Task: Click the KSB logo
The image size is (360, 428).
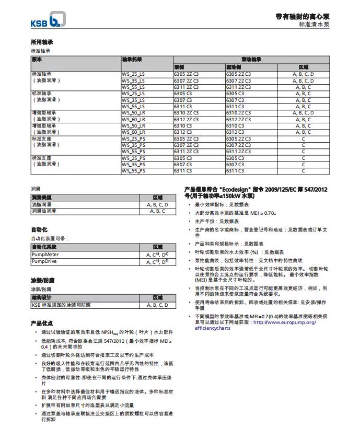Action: (47, 21)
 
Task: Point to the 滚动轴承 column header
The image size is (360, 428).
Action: (251, 60)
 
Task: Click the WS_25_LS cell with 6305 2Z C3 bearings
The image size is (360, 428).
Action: (133, 75)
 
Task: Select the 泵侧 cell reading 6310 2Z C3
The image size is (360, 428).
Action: (186, 113)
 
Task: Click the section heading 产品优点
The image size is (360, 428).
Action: (42, 323)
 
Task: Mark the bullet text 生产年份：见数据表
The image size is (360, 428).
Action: (217, 222)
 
